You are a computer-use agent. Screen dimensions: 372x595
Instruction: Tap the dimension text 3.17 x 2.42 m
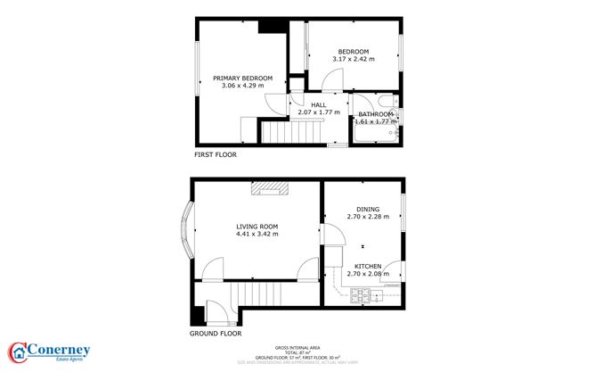click(x=354, y=59)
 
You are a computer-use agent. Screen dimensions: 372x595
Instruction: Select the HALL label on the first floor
click(x=318, y=104)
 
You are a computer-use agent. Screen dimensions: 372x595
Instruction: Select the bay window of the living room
click(x=187, y=229)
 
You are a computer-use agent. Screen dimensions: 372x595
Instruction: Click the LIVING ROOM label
click(x=257, y=227)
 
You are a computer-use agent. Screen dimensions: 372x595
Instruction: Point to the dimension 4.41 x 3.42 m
click(x=257, y=235)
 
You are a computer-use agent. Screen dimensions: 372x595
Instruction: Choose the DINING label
click(x=368, y=209)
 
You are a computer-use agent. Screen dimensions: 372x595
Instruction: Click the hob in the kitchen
click(x=363, y=294)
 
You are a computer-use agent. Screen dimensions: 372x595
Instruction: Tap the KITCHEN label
click(x=368, y=267)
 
